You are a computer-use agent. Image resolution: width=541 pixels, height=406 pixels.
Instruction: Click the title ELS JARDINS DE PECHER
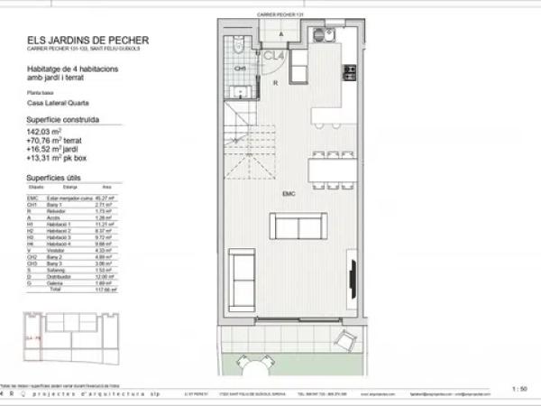point(87,39)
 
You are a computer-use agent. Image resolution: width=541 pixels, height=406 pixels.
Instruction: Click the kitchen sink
point(319,35)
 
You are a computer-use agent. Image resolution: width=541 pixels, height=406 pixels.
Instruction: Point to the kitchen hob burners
point(348,73)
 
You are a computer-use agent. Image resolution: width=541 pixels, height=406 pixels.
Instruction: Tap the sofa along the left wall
point(243,280)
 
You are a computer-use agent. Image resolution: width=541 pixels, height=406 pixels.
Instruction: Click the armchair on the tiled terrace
point(344,340)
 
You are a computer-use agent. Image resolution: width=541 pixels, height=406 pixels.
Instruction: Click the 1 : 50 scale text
point(519,389)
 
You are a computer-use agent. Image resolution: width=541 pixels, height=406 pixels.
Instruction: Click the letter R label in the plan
point(275,81)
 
